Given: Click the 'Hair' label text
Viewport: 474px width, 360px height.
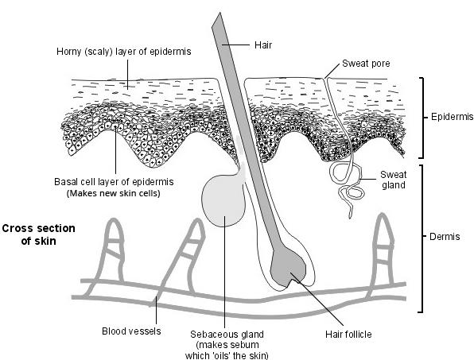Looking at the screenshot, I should click(262, 46).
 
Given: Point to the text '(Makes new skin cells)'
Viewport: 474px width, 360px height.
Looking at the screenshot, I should click(114, 193).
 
